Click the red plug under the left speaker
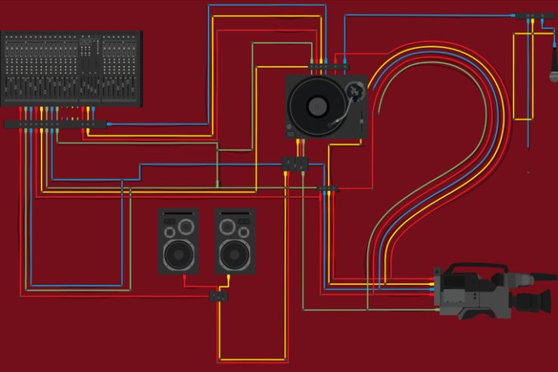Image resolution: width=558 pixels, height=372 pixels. (184, 281)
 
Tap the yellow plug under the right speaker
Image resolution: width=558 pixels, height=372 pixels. (229, 281)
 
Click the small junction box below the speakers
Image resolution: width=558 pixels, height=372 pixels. (218, 295)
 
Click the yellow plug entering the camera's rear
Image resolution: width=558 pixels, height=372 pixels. (432, 285)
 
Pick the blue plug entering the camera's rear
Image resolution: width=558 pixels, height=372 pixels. (432, 289)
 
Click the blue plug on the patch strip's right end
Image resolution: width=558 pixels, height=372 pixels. (110, 123)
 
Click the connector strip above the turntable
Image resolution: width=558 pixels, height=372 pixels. (327, 66)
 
